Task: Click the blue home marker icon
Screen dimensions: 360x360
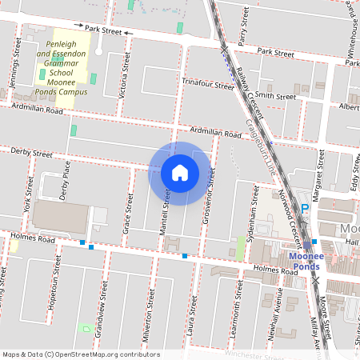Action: click(x=180, y=173)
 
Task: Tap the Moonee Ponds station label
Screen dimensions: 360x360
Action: click(x=305, y=262)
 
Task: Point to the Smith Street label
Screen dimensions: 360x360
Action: click(x=276, y=96)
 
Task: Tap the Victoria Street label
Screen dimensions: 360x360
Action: click(x=123, y=75)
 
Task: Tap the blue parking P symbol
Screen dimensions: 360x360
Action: click(x=304, y=210)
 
